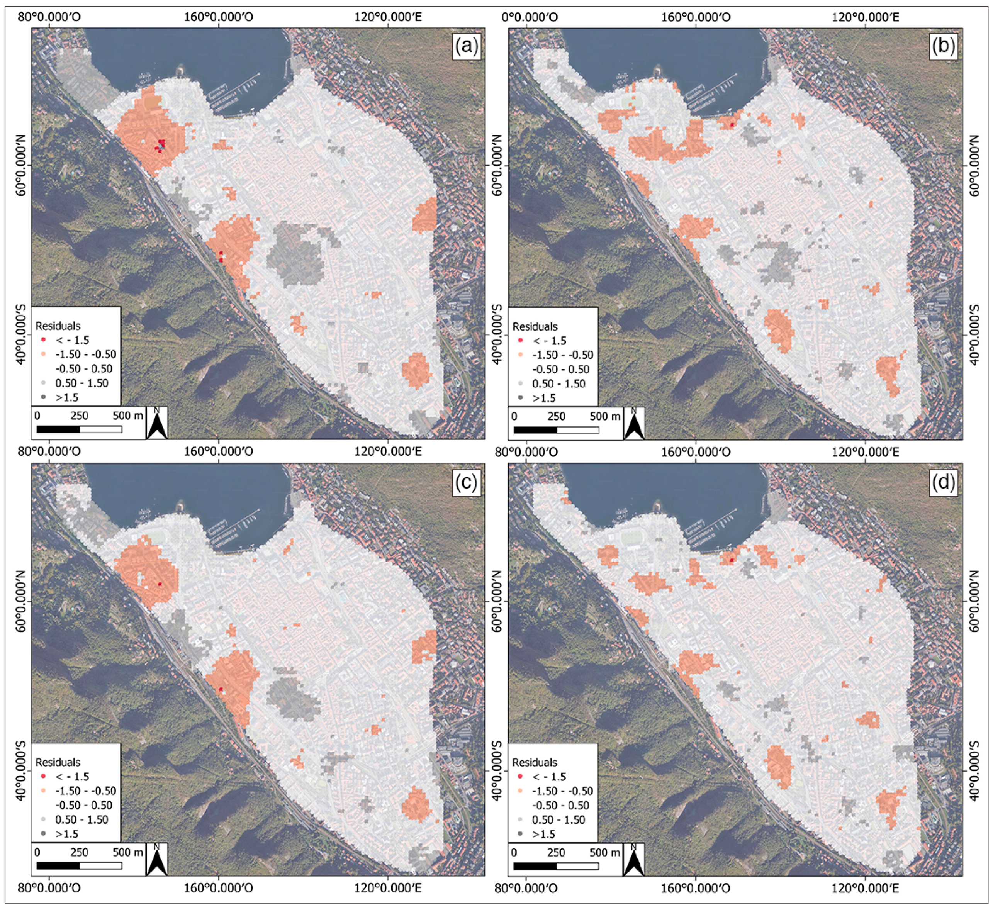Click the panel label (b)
[943, 47]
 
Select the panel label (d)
[943, 483]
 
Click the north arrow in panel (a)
[157, 423]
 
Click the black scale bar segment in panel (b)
[535, 430]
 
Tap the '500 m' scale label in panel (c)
[128, 852]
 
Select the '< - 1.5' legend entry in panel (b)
[550, 341]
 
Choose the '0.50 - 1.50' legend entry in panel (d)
[558, 820]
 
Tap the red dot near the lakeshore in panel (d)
[732, 560]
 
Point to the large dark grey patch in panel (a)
[295, 254]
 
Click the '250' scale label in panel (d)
[556, 852]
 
